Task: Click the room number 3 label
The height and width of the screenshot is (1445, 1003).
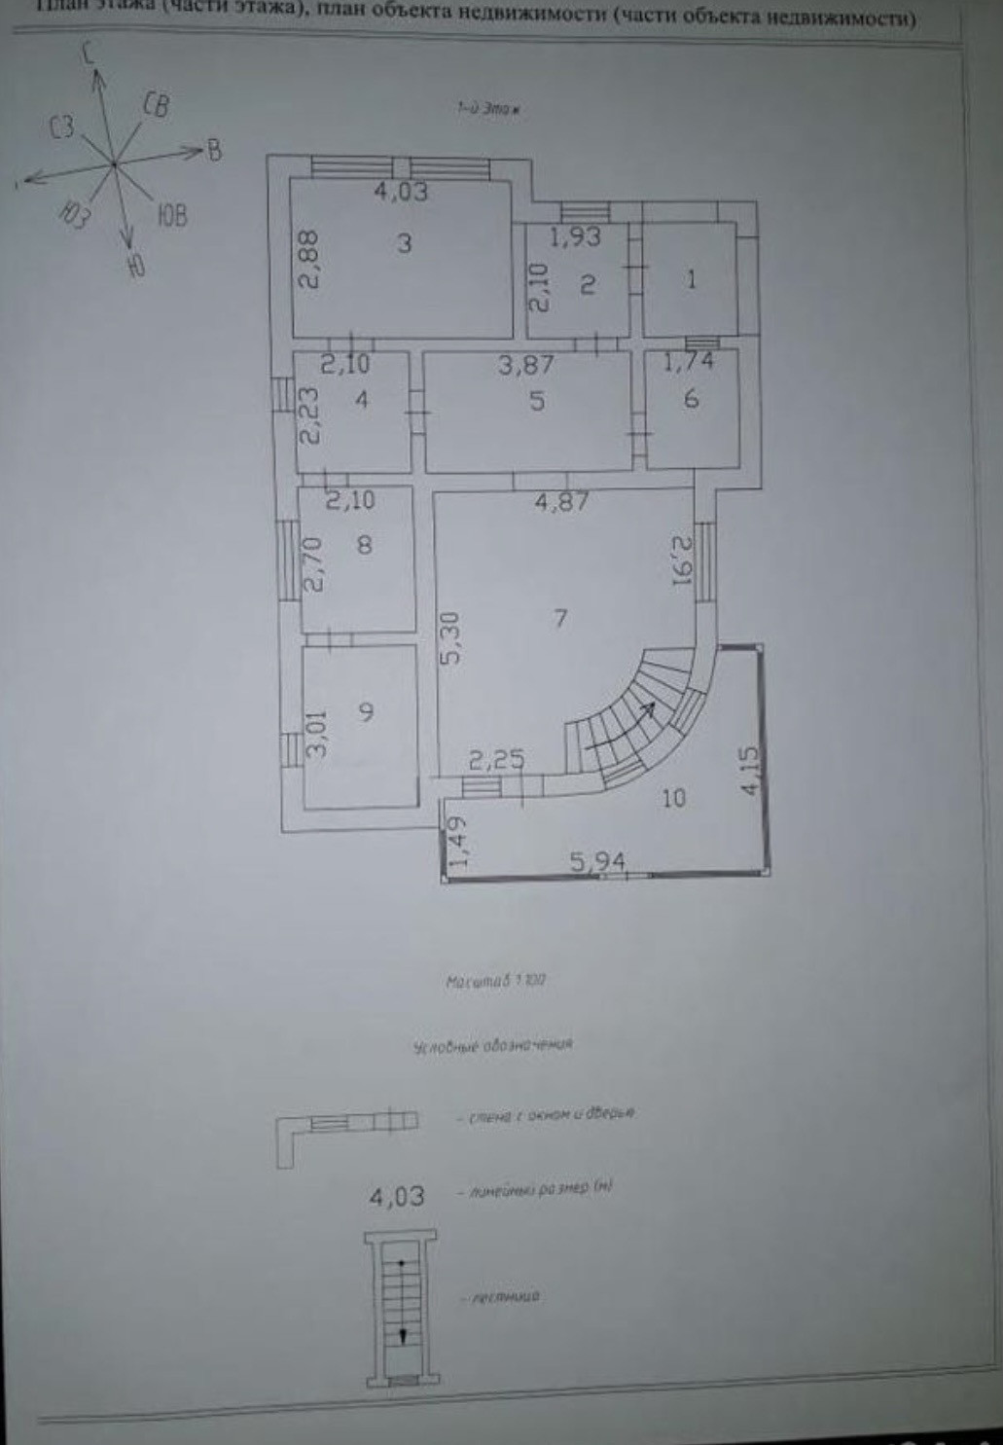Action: pyautogui.click(x=405, y=243)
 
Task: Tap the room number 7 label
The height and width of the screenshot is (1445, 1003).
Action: pyautogui.click(x=560, y=618)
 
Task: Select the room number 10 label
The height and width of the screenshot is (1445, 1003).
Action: pyautogui.click(x=673, y=798)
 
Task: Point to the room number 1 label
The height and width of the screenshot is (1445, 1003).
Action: pyautogui.click(x=691, y=280)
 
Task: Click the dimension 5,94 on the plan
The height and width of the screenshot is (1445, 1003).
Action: pyautogui.click(x=597, y=861)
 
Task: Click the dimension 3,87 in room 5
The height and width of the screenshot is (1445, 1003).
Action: pyautogui.click(x=525, y=365)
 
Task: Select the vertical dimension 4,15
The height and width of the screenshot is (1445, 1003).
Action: pyautogui.click(x=750, y=771)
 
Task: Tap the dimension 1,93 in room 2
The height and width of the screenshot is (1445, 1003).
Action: pyautogui.click(x=575, y=236)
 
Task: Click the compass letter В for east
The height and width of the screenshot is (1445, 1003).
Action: pyautogui.click(x=215, y=150)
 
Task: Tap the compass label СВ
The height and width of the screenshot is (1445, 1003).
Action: pyautogui.click(x=156, y=105)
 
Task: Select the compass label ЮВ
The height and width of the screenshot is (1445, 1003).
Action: pyautogui.click(x=170, y=216)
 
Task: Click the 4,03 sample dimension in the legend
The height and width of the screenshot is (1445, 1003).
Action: pyautogui.click(x=397, y=1195)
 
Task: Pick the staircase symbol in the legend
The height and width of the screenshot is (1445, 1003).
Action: pyautogui.click(x=400, y=1308)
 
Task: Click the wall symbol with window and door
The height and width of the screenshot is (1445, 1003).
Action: pyautogui.click(x=346, y=1128)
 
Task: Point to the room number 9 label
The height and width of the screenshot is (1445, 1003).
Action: pyautogui.click(x=366, y=711)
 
